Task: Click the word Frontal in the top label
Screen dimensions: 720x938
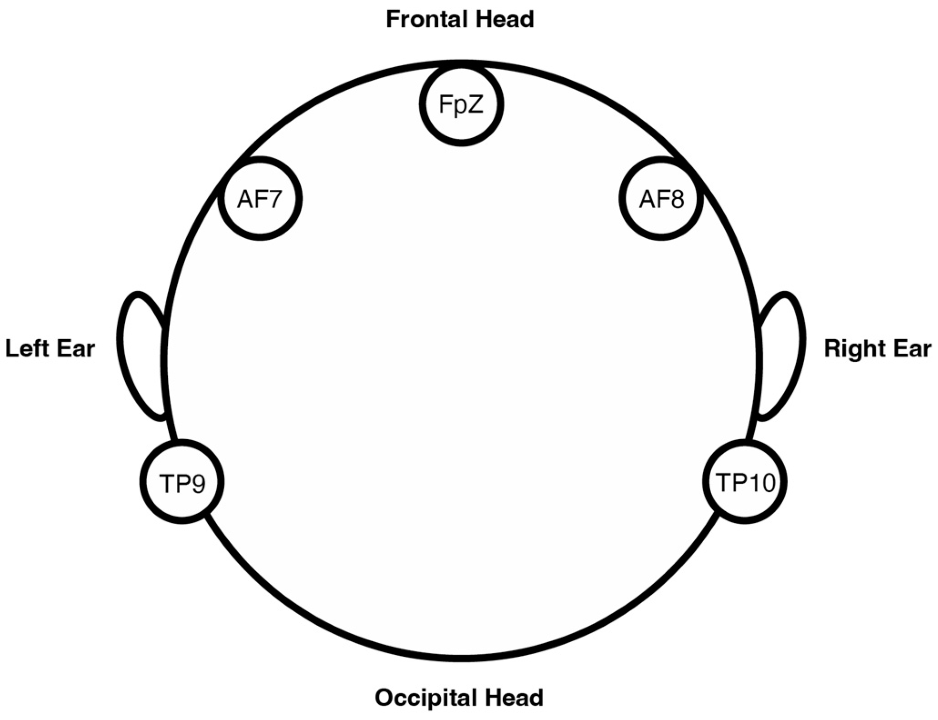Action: pyautogui.click(x=426, y=20)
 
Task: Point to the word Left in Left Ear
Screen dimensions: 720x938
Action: pyautogui.click(x=27, y=348)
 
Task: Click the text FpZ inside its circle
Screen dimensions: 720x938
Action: pyautogui.click(x=461, y=104)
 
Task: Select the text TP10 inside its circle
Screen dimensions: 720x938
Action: pyautogui.click(x=745, y=482)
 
